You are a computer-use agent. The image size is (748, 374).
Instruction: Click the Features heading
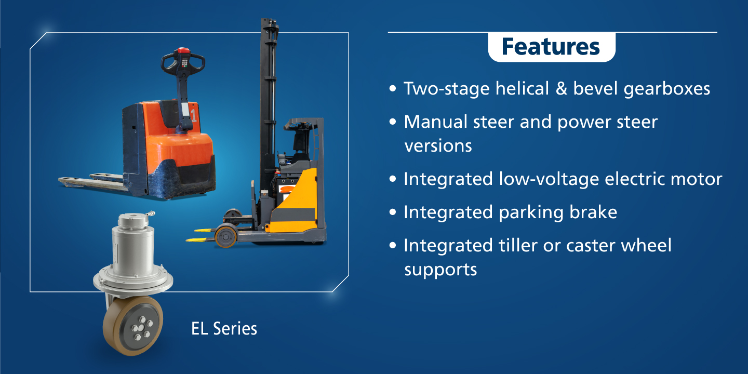[551, 47]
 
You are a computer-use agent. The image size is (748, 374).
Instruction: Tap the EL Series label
[224, 329]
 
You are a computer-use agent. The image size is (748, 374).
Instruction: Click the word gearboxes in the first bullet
[666, 89]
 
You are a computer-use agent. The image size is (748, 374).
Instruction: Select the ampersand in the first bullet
[562, 89]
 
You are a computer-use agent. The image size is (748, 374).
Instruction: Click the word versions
[438, 146]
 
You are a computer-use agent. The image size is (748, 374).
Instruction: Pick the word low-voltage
[549, 179]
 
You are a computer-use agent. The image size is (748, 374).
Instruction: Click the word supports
[441, 270]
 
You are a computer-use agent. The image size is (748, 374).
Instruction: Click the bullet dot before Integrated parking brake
[393, 212]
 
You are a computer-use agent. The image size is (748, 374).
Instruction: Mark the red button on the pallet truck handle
[183, 50]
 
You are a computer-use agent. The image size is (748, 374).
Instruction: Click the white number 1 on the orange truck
[194, 115]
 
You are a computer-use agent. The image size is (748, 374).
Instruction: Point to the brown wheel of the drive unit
[132, 326]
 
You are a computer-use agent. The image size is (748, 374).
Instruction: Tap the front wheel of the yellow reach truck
[226, 236]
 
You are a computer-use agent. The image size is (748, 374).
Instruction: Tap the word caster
[591, 246]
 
